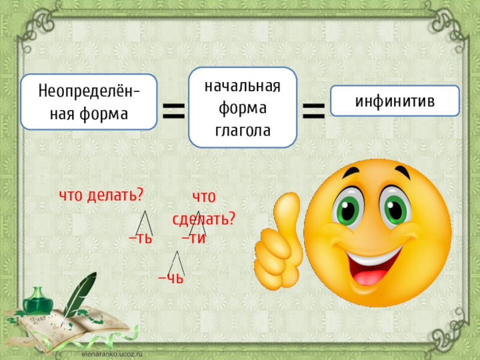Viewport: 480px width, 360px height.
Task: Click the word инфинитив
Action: click(395, 101)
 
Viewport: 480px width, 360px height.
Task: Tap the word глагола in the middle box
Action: click(243, 131)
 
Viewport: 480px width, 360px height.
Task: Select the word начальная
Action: click(242, 86)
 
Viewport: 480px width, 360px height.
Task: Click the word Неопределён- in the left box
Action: click(89, 91)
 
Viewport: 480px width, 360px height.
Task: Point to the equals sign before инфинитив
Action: click(313, 110)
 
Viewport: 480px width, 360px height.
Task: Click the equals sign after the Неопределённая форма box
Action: click(173, 110)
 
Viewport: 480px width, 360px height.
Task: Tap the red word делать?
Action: click(115, 195)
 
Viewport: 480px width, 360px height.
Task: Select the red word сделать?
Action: click(203, 219)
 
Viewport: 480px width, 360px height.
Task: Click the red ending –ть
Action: click(140, 238)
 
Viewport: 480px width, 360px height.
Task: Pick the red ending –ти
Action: click(193, 238)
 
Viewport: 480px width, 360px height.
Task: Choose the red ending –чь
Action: click(171, 278)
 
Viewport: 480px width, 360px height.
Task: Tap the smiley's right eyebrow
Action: click(402, 172)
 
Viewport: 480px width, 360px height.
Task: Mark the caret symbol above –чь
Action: click(176, 263)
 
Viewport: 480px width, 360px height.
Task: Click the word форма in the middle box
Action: click(242, 109)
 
